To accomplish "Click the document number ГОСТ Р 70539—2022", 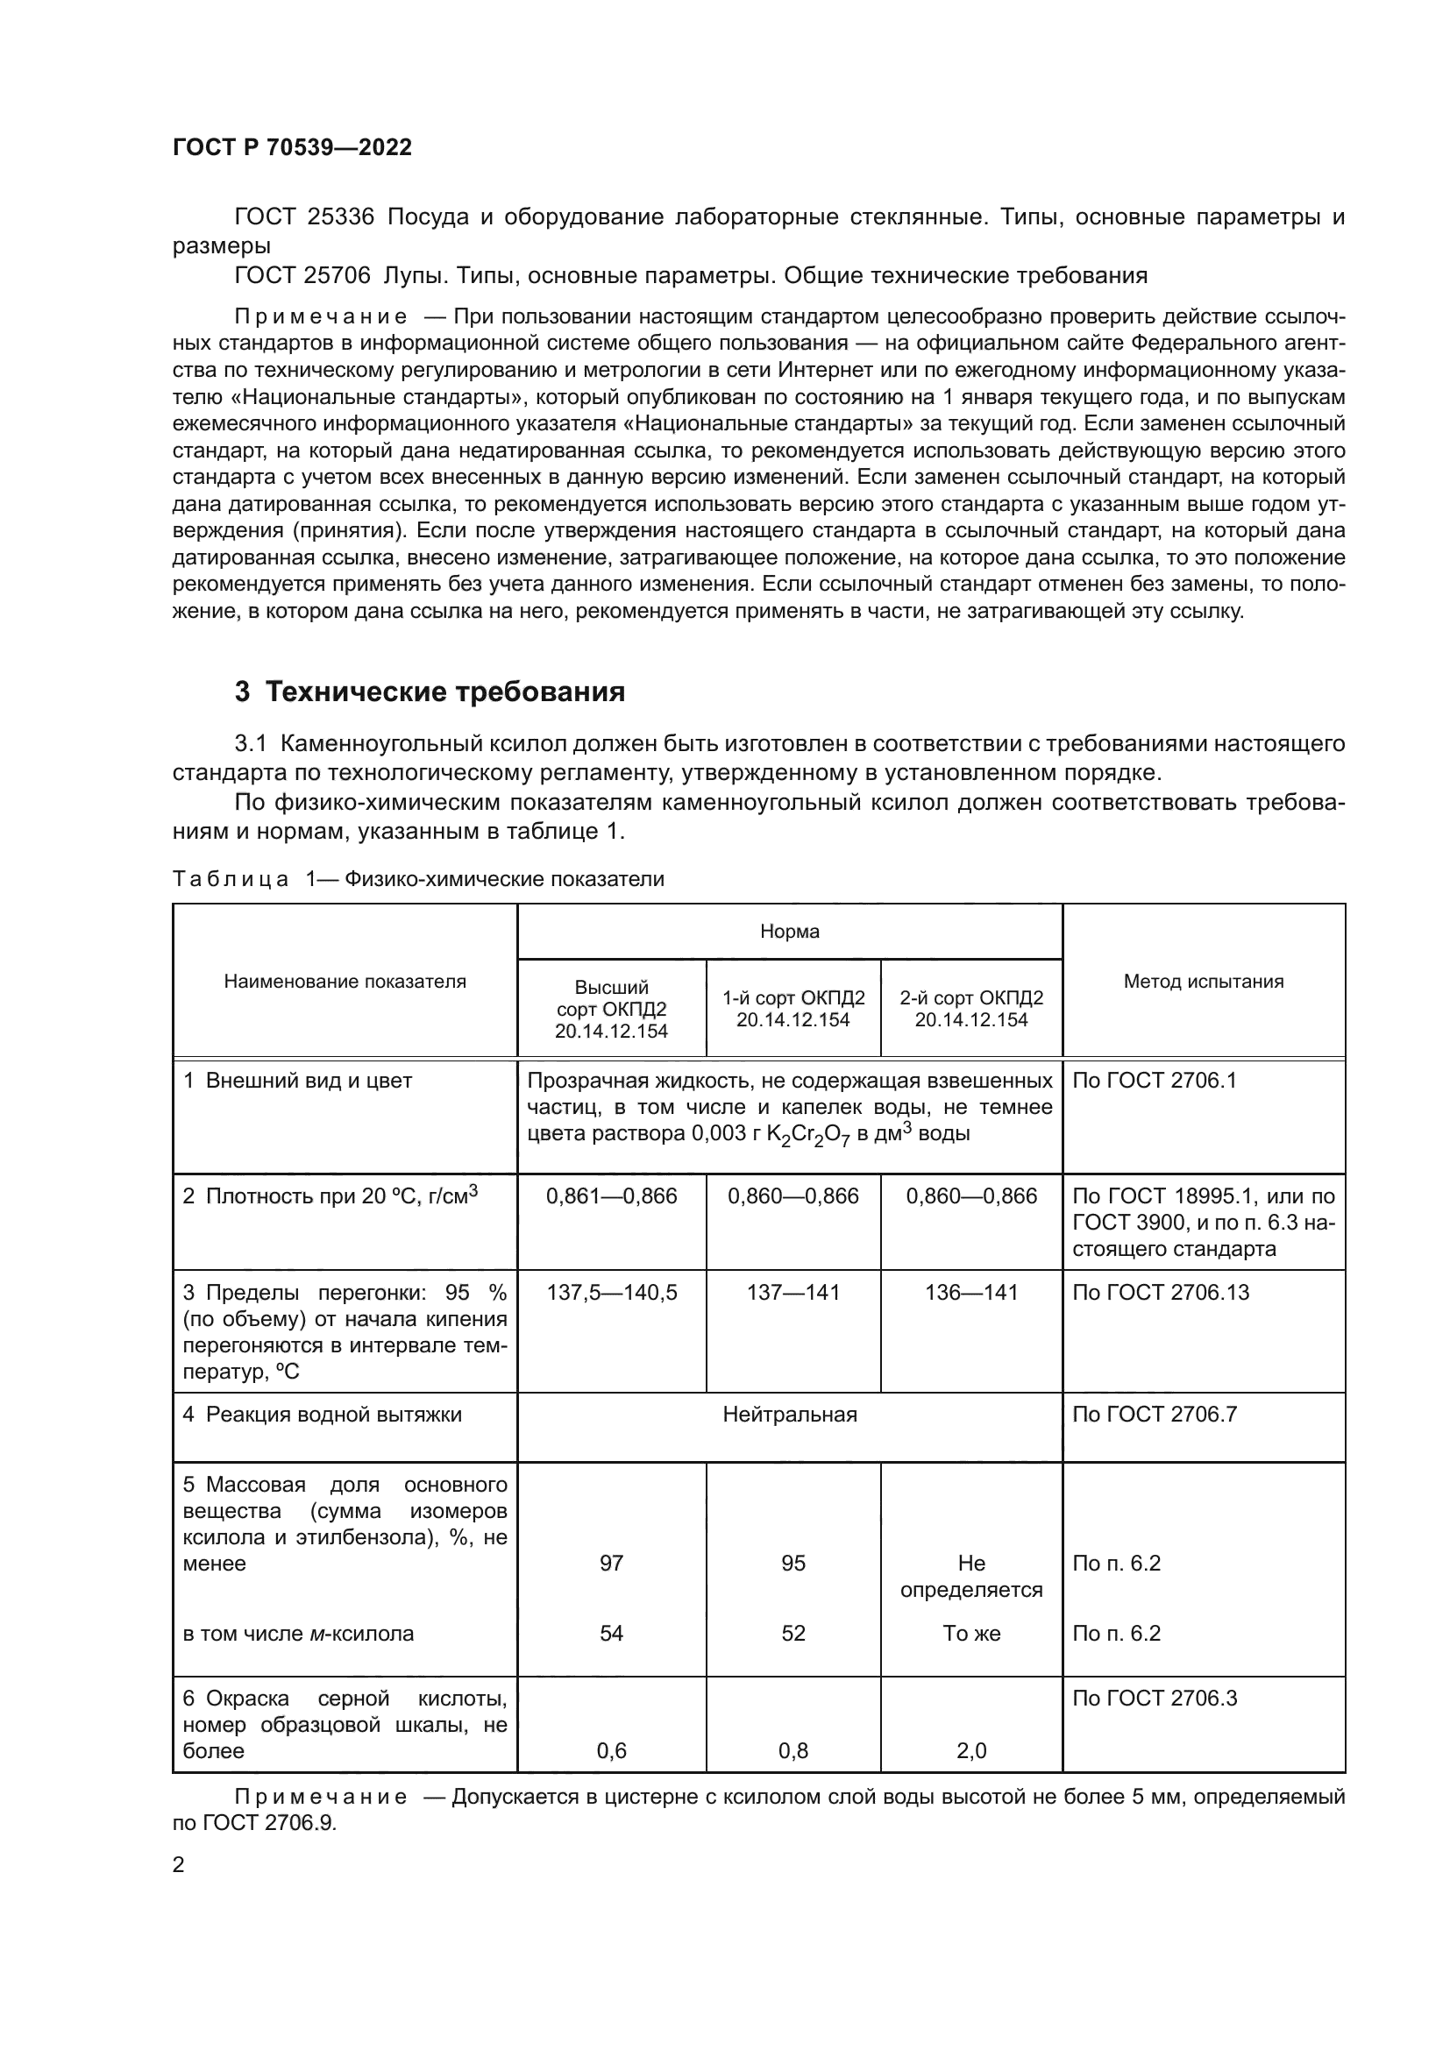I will pos(292,147).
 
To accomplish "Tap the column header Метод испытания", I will pos(1203,982).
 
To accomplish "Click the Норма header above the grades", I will pos(789,932).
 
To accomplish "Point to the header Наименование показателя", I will pos(345,982).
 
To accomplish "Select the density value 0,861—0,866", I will pos(612,1195).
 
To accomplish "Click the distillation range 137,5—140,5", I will pos(612,1292).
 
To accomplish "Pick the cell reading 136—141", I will pos(971,1292).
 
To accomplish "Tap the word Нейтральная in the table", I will pos(789,1415).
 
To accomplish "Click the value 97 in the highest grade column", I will pos(612,1563).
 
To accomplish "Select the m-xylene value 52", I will pos(793,1633).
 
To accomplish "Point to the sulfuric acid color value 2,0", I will pos(971,1751).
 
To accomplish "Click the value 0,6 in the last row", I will pos(612,1751).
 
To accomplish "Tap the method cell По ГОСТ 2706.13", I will pos(1160,1292).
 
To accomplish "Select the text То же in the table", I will pos(971,1633).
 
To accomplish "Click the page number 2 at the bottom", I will pos(179,1864).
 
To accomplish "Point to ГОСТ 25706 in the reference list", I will pos(302,275).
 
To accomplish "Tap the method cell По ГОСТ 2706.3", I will pos(1155,1699).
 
